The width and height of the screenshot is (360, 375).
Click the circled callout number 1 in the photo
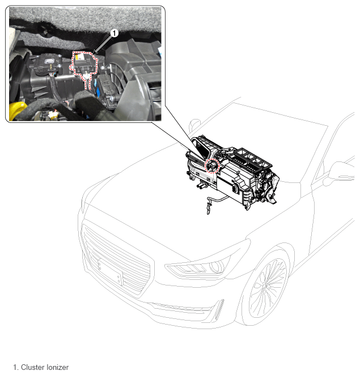point(115,33)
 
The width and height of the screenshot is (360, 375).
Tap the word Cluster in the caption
point(33,367)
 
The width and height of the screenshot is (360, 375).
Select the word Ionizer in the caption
point(57,367)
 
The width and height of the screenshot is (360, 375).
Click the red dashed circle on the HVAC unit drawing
point(212,165)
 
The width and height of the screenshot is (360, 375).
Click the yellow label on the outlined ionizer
point(77,57)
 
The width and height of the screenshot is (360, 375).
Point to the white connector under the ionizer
point(86,76)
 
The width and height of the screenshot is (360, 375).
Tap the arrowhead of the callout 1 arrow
point(94,52)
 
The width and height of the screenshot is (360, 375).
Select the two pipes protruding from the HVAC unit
point(202,185)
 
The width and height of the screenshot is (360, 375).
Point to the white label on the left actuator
point(49,61)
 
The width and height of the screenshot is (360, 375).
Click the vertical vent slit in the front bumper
point(219,310)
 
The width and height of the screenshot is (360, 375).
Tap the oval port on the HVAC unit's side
point(235,189)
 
